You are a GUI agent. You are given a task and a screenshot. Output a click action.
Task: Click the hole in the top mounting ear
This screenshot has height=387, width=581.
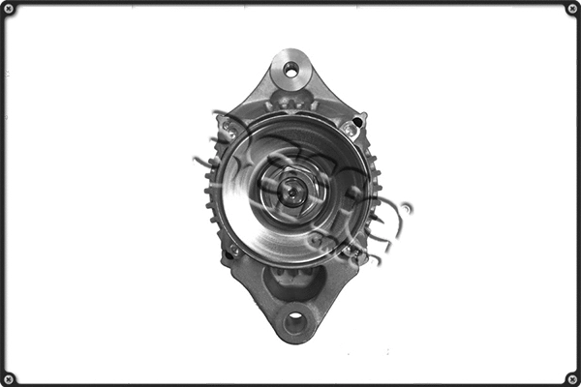(290, 69)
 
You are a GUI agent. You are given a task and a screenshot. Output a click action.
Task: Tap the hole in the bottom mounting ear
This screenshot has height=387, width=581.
(294, 321)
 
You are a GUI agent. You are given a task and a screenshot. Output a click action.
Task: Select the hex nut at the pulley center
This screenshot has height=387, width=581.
(291, 192)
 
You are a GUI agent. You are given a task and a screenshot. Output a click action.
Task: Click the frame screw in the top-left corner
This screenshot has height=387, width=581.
(9, 9)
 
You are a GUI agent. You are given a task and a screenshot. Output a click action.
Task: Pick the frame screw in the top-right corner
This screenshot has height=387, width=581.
(571, 9)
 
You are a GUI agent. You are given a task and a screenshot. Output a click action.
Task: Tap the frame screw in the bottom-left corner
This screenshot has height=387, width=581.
(9, 377)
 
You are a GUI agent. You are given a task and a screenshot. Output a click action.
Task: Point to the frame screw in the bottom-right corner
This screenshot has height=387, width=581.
(571, 377)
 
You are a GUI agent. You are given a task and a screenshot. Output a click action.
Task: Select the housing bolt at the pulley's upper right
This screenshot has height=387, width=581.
(349, 128)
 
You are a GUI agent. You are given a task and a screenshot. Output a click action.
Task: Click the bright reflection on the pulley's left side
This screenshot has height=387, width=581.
(237, 193)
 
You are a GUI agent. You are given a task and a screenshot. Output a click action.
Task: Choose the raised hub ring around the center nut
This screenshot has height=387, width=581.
(291, 174)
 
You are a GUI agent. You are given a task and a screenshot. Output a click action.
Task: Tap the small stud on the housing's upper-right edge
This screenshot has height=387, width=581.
(360, 120)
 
